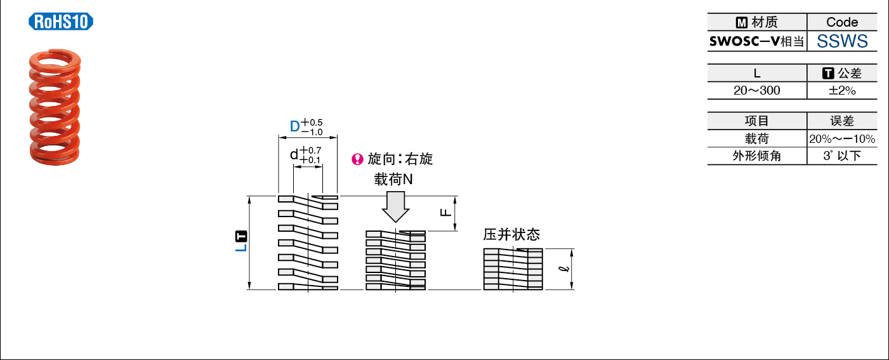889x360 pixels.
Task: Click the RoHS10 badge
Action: [x=61, y=22]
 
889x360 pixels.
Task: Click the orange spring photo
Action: [x=55, y=107]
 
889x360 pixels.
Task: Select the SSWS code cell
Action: [x=842, y=41]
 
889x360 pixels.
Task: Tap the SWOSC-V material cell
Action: [x=757, y=41]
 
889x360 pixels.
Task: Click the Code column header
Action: [x=842, y=22]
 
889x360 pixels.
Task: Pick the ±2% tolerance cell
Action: [x=842, y=91]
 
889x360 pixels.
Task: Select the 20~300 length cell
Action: [x=757, y=91]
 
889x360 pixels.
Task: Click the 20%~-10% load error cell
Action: [x=842, y=139]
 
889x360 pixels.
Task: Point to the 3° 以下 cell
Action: [x=842, y=156]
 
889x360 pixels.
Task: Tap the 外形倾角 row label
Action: [x=757, y=156]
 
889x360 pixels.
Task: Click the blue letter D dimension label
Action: [x=295, y=126]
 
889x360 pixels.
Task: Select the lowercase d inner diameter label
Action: [x=294, y=154]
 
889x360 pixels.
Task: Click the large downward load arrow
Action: [x=395, y=207]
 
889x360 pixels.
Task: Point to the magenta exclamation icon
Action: [x=357, y=159]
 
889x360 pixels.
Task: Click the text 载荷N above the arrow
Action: [x=393, y=180]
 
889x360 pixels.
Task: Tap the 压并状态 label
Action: [x=511, y=234]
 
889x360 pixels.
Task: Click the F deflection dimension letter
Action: [x=445, y=213]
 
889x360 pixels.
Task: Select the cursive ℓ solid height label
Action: [x=563, y=269]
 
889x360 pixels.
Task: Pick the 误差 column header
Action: [x=842, y=121]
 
